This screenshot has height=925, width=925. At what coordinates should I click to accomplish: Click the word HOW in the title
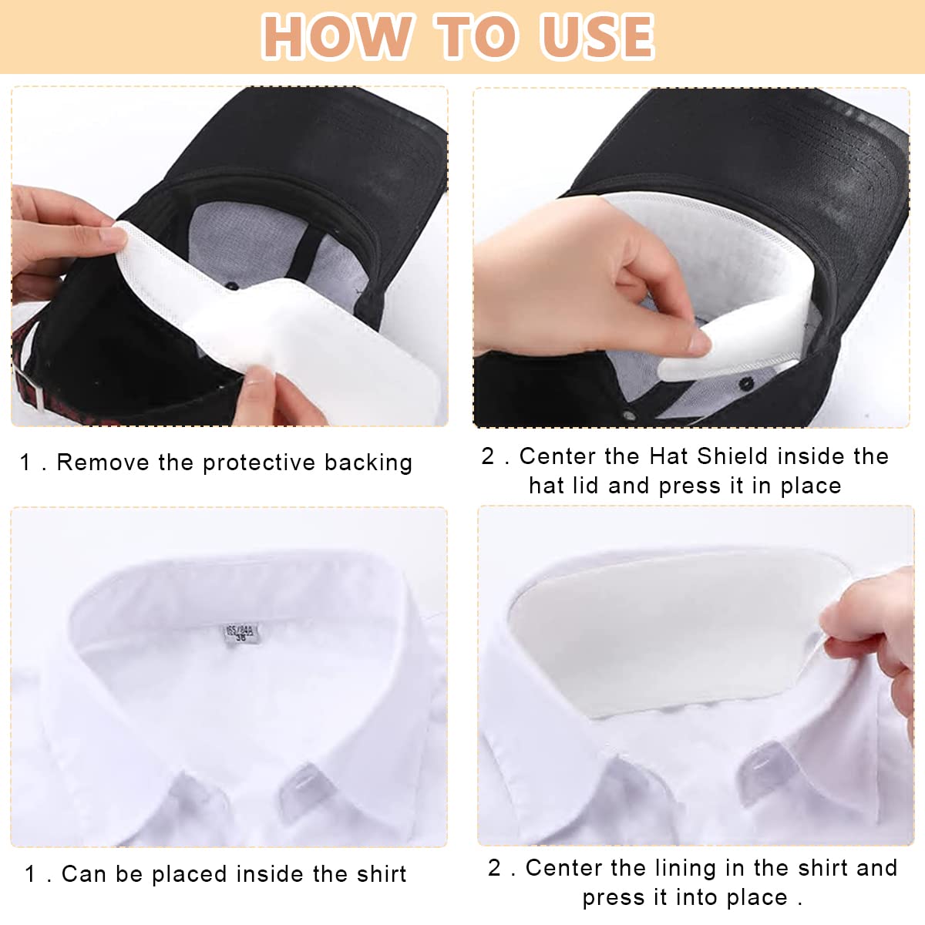[337, 36]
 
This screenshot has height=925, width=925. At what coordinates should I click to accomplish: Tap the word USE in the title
[597, 36]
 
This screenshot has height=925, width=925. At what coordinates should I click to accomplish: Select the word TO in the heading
[476, 36]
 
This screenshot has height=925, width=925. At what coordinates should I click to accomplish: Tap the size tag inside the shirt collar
[241, 635]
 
